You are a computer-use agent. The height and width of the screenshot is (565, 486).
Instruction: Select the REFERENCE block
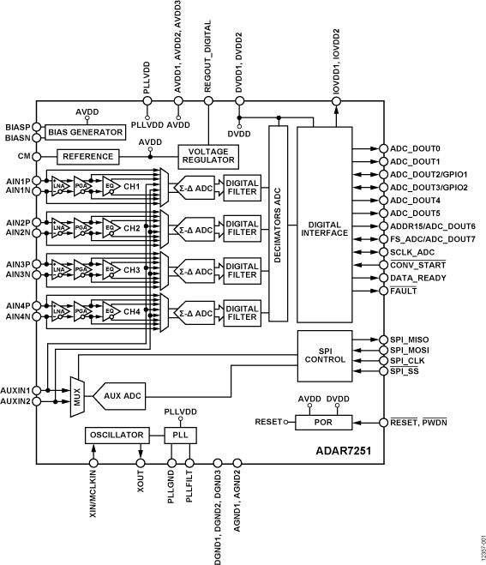pos(87,157)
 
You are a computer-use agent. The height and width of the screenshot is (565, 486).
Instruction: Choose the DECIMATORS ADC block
pos(277,223)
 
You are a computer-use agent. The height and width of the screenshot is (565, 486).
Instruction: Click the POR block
pos(324,422)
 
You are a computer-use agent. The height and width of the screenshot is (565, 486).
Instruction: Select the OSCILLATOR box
pos(117,436)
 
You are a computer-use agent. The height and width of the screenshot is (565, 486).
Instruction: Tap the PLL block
pos(181,436)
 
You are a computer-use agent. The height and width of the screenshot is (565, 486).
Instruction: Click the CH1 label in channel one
pos(131,186)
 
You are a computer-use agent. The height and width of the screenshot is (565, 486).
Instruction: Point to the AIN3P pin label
pos(19,264)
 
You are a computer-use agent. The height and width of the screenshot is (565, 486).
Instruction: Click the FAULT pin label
pos(404,292)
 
